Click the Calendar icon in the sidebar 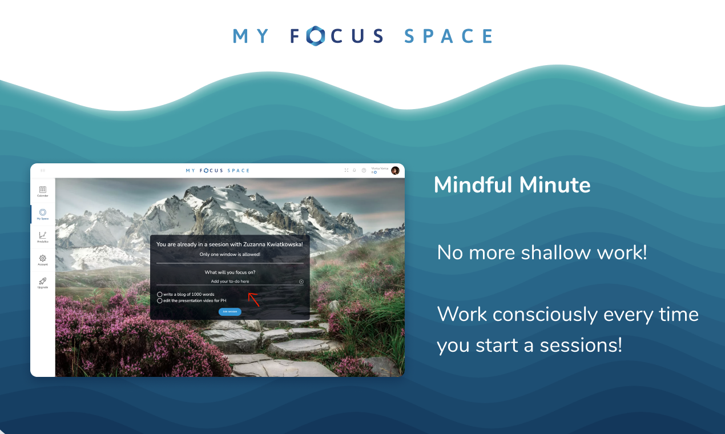pyautogui.click(x=43, y=190)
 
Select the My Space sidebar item pyautogui.click(x=43, y=212)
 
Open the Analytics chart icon pyautogui.click(x=43, y=235)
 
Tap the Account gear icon pyautogui.click(x=43, y=258)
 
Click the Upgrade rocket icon pyautogui.click(x=43, y=281)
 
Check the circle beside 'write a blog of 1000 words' pyautogui.click(x=160, y=295)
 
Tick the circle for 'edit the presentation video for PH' pyautogui.click(x=160, y=300)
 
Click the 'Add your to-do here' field pyautogui.click(x=229, y=282)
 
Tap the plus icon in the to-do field pyautogui.click(x=301, y=282)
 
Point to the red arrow pyautogui.click(x=253, y=299)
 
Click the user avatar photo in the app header pyautogui.click(x=395, y=170)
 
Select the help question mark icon pyautogui.click(x=364, y=170)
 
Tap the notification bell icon pyautogui.click(x=355, y=170)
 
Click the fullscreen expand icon pyautogui.click(x=347, y=170)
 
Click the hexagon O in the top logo pyautogui.click(x=315, y=36)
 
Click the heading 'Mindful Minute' pyautogui.click(x=512, y=185)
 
